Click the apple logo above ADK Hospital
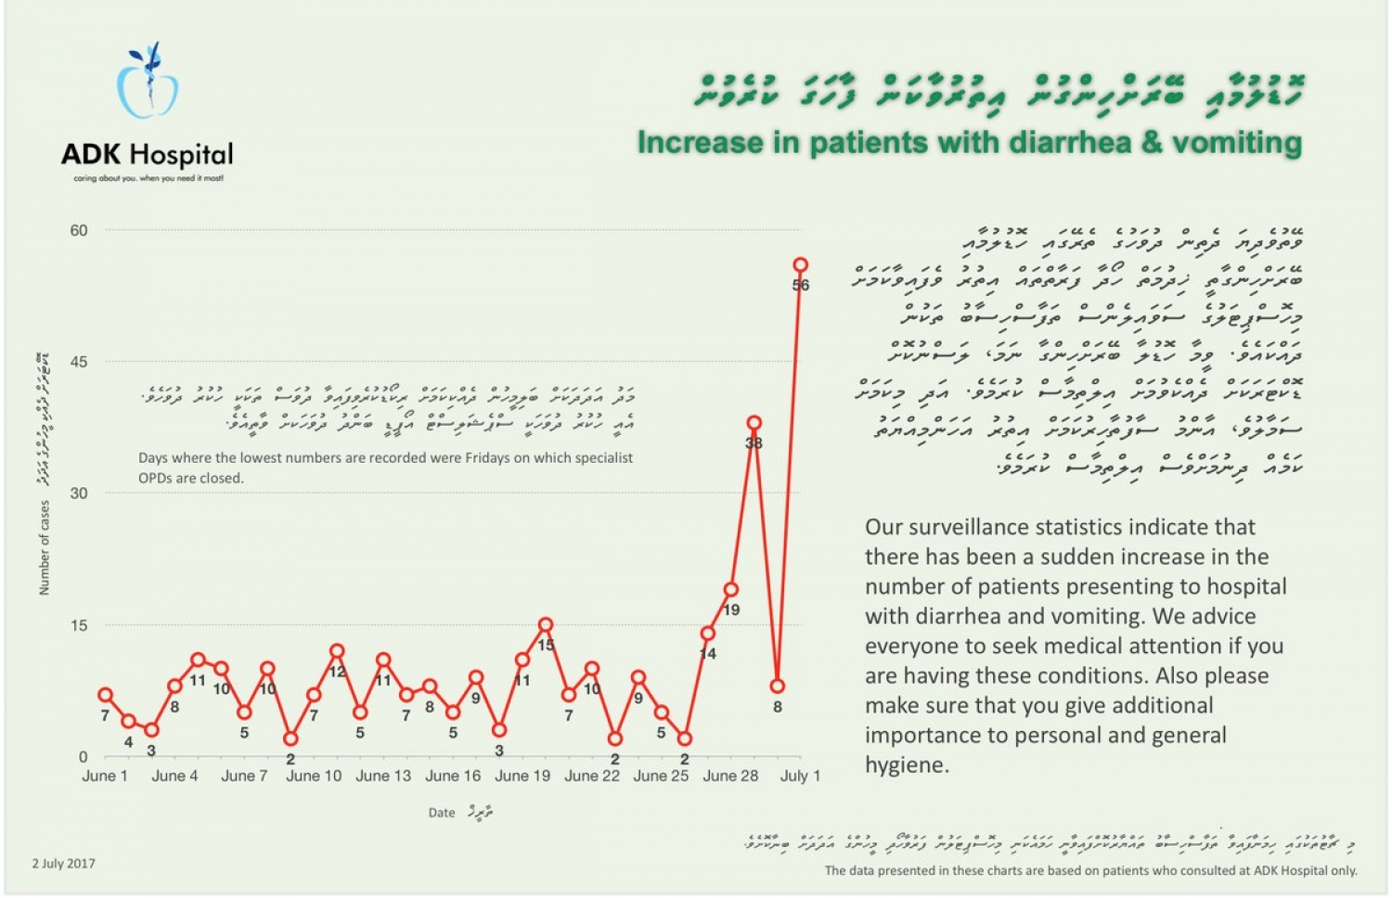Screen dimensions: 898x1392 pyautogui.click(x=147, y=83)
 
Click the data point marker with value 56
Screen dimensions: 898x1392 pyautogui.click(x=800, y=265)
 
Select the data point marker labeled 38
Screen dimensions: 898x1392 pyautogui.click(x=754, y=423)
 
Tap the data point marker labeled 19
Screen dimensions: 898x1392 pyautogui.click(x=730, y=589)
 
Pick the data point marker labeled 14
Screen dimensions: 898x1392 pyautogui.click(x=707, y=634)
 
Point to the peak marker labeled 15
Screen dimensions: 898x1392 pyautogui.click(x=546, y=625)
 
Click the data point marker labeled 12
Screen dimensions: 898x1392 pyautogui.click(x=337, y=651)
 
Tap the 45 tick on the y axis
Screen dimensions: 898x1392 pyautogui.click(x=79, y=362)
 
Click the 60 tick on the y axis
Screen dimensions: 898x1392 pyautogui.click(x=79, y=230)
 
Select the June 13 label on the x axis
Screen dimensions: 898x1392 pyautogui.click(x=383, y=776)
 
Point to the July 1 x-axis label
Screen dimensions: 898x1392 pyautogui.click(x=800, y=776)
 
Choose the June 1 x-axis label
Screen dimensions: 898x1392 pyautogui.click(x=105, y=776)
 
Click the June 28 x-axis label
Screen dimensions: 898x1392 pyautogui.click(x=730, y=776)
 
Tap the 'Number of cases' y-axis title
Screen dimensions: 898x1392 pyautogui.click(x=45, y=547)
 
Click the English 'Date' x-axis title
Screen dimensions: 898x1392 pyautogui.click(x=442, y=813)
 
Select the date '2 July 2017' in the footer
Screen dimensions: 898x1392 pyautogui.click(x=63, y=863)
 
